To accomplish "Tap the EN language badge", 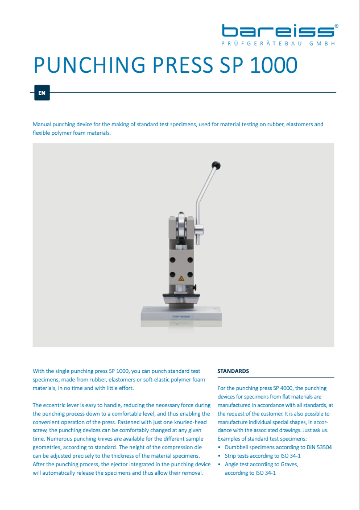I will tap(42, 92).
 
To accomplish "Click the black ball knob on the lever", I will tap(216, 165).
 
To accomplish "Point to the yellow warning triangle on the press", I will tap(181, 279).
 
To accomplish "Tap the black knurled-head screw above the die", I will tap(194, 290).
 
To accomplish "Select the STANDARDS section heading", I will tap(233, 371).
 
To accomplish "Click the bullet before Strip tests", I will tap(220, 456).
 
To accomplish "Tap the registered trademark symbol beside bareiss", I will tap(337, 26).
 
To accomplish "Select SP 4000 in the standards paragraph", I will tap(284, 388).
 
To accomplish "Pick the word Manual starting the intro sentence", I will tap(43, 124).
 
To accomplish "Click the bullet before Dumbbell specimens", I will tap(220, 447).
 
